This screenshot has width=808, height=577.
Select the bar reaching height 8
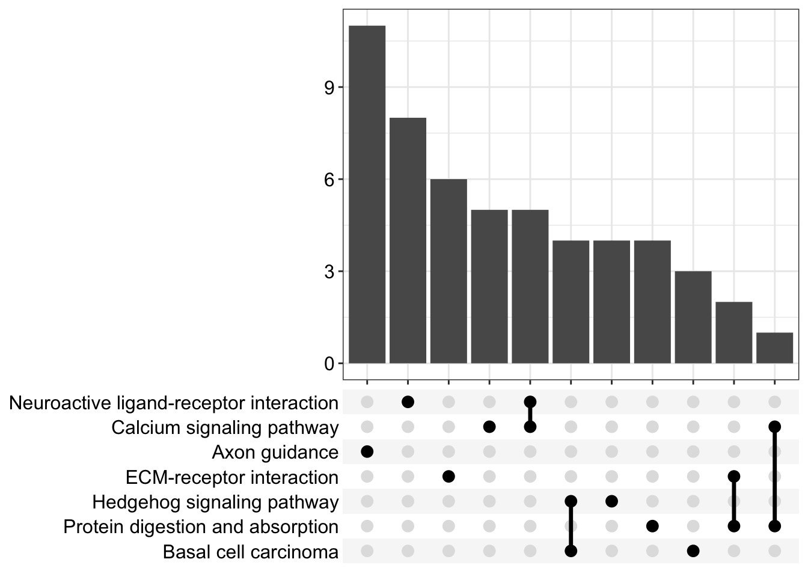[x=408, y=240]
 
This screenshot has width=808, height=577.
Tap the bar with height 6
[x=448, y=271]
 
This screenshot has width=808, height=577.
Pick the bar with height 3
[x=693, y=317]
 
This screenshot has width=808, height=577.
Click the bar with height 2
[x=734, y=332]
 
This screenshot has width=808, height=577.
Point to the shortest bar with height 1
[x=774, y=348]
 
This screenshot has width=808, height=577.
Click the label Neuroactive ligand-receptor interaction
[x=174, y=403]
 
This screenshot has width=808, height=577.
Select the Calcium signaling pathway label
[x=225, y=428]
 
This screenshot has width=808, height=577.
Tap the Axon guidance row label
[x=275, y=453]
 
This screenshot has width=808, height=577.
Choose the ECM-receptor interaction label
[x=232, y=478]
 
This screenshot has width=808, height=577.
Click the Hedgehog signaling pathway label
[x=215, y=502]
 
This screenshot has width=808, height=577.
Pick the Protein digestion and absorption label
[x=201, y=527]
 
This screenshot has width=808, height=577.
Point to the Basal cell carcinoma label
[x=251, y=552]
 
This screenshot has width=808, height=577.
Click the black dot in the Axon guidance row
[x=367, y=451]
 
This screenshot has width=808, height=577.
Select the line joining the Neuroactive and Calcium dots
[x=530, y=415]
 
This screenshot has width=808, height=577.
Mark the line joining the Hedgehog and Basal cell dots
[x=571, y=526]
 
